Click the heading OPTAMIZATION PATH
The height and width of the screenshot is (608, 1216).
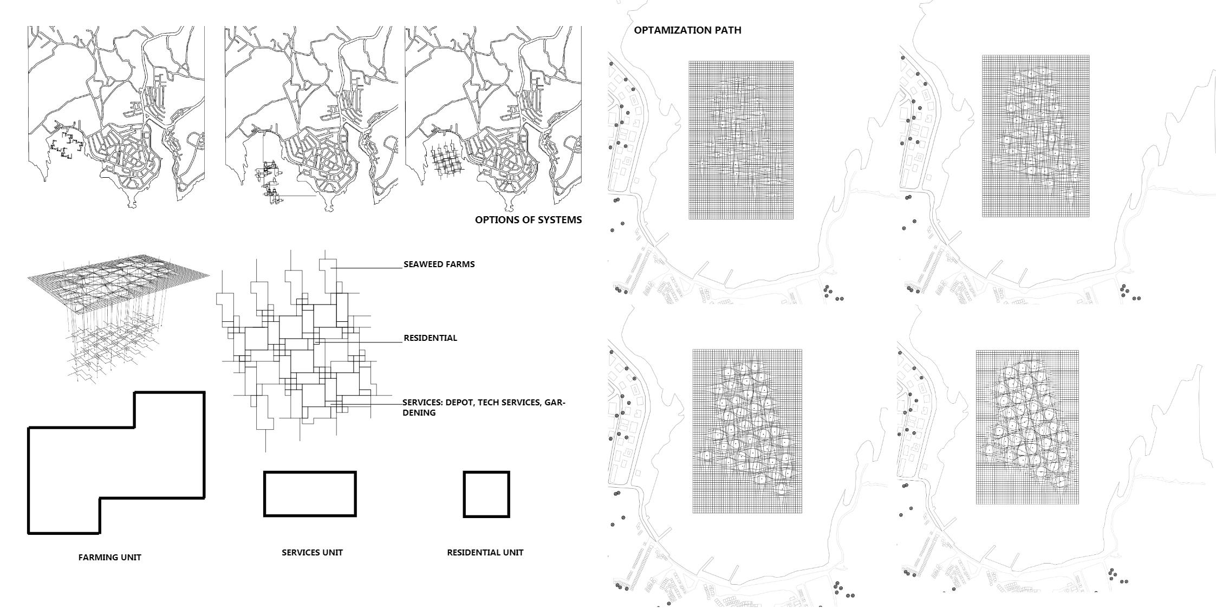coord(687,30)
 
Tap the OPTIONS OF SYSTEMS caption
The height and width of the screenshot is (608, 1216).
coord(528,220)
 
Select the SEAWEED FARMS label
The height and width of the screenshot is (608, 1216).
coord(439,264)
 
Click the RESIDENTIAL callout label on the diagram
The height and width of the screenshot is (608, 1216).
coord(430,338)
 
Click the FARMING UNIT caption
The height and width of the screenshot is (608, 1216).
coord(109,557)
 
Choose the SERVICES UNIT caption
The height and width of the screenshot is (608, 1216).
coord(312,552)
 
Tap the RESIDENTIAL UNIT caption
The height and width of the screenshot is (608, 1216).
coord(485,552)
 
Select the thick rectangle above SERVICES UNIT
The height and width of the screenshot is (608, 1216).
coord(310,494)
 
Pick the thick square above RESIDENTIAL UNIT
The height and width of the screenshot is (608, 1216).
coord(486,494)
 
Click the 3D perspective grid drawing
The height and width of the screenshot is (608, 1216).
coord(118,314)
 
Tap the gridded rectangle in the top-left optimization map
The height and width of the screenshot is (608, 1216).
coord(741,140)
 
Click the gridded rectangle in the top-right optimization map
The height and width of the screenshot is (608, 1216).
coord(1035,136)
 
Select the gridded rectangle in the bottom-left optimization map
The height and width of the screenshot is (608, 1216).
coord(747,431)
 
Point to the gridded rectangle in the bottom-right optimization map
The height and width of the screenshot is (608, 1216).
coord(1027,427)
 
